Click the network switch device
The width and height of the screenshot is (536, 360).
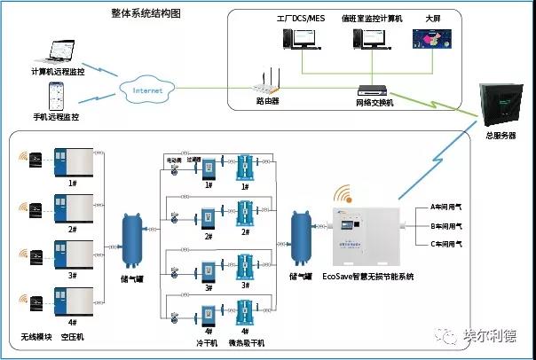coord(368,89)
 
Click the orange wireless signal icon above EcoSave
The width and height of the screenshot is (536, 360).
coord(343,192)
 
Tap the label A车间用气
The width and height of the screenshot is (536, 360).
coord(447,207)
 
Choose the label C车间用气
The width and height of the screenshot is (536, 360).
coord(447,243)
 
